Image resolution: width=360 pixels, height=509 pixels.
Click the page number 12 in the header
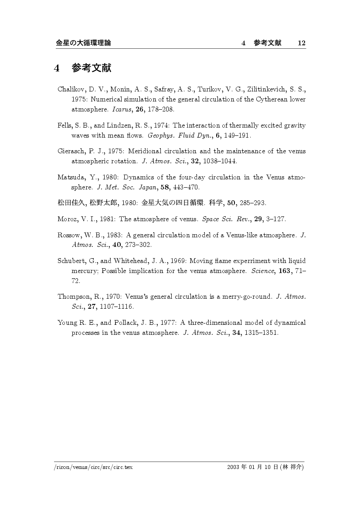tap(301, 43)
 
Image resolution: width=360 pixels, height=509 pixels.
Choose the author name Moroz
tap(67, 219)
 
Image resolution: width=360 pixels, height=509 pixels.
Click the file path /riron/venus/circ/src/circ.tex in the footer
tap(93, 468)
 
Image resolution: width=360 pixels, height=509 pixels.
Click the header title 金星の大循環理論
tap(83, 43)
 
